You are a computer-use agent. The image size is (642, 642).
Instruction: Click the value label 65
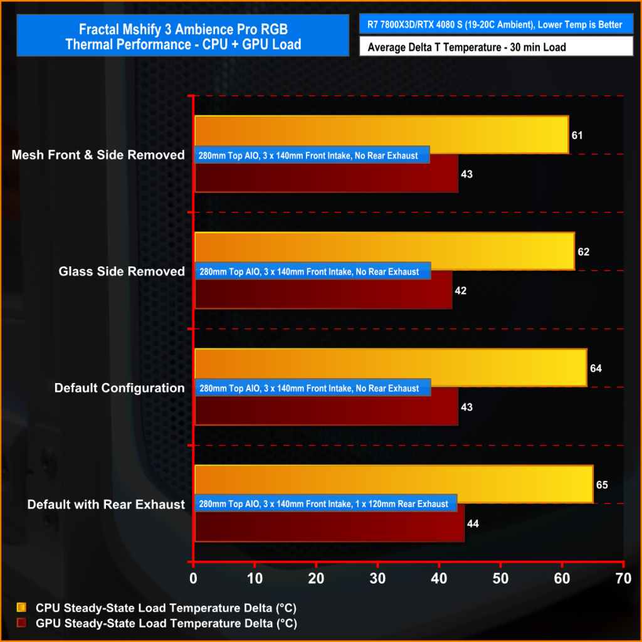[602, 485]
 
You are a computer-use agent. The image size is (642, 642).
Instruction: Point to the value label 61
[577, 135]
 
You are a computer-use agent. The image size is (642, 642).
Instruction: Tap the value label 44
[473, 524]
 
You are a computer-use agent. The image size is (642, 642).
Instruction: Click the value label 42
[461, 290]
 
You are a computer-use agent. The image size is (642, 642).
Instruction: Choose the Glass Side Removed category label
[122, 271]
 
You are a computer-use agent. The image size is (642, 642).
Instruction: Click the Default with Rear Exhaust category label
[106, 505]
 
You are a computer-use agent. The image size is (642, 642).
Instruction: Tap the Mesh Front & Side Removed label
[98, 155]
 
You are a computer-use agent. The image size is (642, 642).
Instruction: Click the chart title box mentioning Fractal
[182, 36]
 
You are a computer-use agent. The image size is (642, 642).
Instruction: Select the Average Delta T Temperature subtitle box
[496, 46]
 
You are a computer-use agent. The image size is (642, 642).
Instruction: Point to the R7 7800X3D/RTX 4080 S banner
[496, 24]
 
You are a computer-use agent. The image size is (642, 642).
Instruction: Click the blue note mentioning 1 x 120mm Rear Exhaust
[326, 504]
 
